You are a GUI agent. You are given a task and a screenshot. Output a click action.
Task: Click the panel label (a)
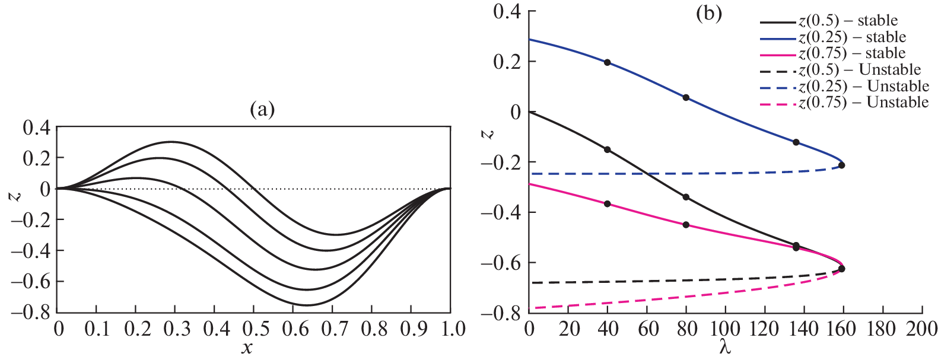point(262,110)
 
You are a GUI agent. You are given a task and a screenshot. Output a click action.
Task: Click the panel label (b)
point(708,14)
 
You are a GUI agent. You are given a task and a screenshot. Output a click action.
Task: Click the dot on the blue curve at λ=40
point(607,62)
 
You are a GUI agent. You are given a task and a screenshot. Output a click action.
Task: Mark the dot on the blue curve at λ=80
point(686,97)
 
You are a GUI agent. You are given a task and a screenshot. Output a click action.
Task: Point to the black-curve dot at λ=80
point(686,197)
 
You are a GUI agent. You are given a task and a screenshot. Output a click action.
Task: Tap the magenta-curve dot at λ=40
point(607,204)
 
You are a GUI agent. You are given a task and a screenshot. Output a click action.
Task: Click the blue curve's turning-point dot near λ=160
point(841,165)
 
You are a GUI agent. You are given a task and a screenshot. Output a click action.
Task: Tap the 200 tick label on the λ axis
point(921,329)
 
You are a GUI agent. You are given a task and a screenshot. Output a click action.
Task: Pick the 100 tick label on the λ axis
point(725,329)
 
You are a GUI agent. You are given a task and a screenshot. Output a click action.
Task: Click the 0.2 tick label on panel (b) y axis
point(507,62)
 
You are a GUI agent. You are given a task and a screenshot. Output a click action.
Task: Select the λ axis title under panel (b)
point(725,348)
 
